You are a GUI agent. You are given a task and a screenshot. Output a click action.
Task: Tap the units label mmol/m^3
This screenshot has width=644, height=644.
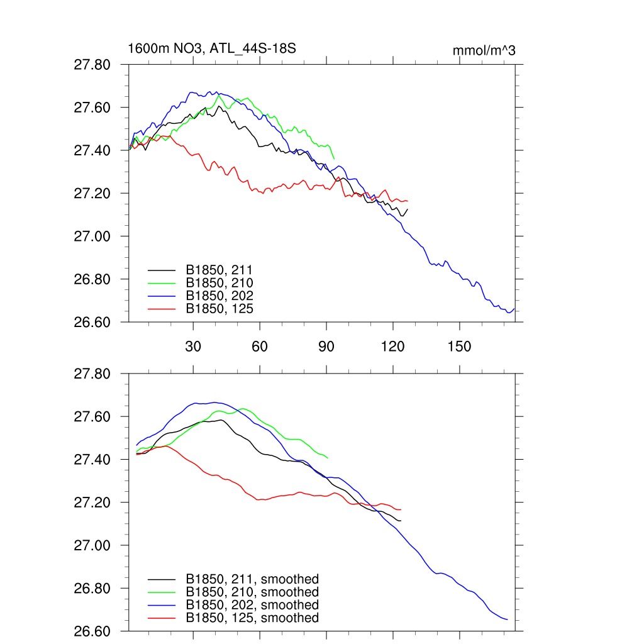pyautogui.click(x=484, y=50)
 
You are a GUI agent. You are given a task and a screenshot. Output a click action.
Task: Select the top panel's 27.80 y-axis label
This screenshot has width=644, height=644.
pyautogui.click(x=92, y=65)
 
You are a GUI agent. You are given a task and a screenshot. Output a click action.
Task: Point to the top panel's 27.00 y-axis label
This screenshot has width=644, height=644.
pyautogui.click(x=92, y=236)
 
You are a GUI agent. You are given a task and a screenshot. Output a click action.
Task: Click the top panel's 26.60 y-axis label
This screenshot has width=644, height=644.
pyautogui.click(x=92, y=322)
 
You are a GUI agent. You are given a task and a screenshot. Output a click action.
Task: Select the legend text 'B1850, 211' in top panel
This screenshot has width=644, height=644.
pyautogui.click(x=219, y=270)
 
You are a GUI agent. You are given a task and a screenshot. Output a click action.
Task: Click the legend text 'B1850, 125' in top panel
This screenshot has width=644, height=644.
pyautogui.click(x=219, y=308)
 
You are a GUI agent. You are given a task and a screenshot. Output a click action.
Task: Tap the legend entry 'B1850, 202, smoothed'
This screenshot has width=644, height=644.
pyautogui.click(x=252, y=605)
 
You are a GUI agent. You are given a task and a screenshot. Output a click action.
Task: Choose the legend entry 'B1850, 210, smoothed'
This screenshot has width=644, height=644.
pyautogui.click(x=252, y=592)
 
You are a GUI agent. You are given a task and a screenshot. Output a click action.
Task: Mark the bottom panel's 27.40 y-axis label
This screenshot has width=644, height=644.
pyautogui.click(x=92, y=460)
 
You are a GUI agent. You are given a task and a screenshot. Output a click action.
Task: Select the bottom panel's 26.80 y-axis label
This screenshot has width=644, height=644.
pyautogui.click(x=92, y=589)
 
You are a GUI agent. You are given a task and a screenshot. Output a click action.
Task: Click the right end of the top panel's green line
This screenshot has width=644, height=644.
pyautogui.click(x=334, y=159)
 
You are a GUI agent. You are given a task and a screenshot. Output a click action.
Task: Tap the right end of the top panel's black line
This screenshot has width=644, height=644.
pyautogui.click(x=408, y=209)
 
